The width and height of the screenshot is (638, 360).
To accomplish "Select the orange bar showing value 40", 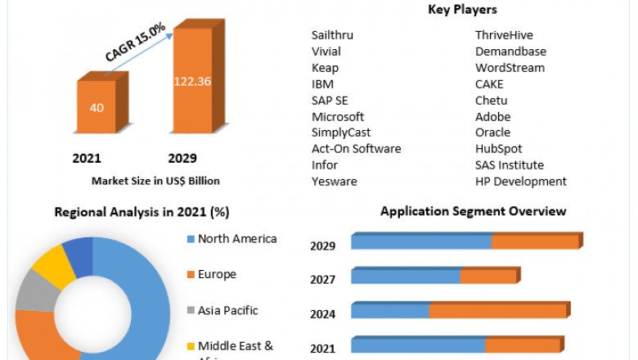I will click(97, 107).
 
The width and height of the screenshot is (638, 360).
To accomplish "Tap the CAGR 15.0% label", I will click(136, 43).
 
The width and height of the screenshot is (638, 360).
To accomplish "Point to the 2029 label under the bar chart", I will click(182, 158).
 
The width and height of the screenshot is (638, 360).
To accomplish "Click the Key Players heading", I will click(462, 10).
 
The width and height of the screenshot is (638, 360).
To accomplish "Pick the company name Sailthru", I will click(333, 35).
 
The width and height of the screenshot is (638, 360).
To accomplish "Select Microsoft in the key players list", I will click(338, 116).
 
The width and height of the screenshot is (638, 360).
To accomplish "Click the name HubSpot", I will click(498, 149).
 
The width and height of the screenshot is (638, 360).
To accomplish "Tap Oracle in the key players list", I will click(492, 133).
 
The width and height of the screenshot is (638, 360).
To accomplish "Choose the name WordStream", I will click(510, 68).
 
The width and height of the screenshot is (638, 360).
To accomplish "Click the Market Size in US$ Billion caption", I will click(155, 181).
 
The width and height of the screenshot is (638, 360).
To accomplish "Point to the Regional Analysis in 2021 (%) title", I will click(142, 212).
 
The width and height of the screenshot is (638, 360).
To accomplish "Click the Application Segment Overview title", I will click(473, 211).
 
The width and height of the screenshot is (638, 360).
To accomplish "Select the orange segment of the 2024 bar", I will click(497, 311).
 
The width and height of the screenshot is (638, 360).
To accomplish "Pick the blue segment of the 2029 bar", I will click(421, 241).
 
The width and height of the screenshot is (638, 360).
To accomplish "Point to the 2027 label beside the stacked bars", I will click(322, 280).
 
